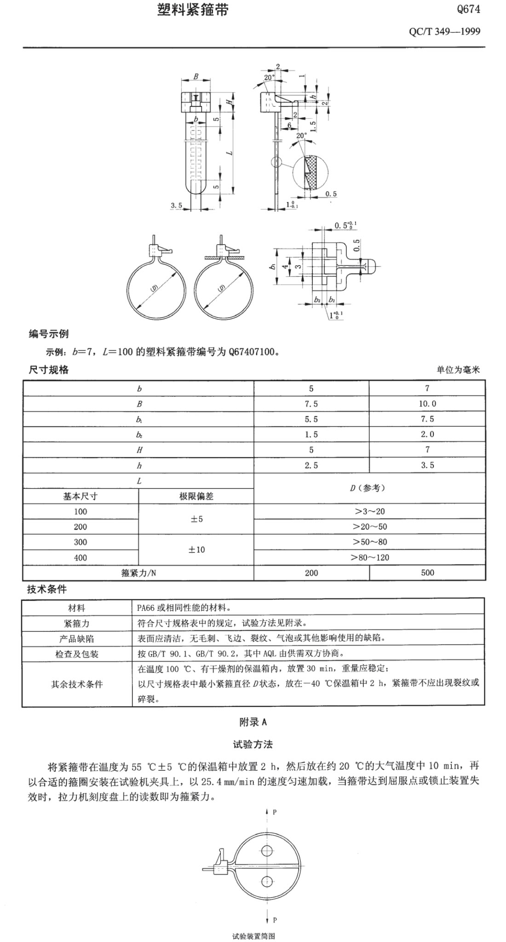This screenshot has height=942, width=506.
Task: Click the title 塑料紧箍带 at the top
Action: click(x=192, y=11)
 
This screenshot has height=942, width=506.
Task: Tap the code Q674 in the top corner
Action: click(x=468, y=9)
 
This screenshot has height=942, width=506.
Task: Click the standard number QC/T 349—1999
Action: click(x=444, y=31)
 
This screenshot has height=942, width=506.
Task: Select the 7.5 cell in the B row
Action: click(x=311, y=404)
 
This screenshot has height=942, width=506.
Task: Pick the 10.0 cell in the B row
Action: click(x=427, y=404)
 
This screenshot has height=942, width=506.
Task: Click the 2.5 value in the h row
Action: click(x=311, y=465)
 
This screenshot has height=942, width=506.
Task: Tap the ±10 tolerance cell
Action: click(x=196, y=549)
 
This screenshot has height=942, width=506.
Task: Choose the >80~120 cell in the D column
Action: click(x=369, y=557)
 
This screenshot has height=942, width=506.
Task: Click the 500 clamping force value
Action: click(x=427, y=572)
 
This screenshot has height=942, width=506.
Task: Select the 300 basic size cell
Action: click(x=80, y=542)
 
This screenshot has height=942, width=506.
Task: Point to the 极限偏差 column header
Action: click(x=196, y=496)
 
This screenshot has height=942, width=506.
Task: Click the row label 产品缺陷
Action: click(x=76, y=639)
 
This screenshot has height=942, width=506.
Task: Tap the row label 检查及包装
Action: click(x=76, y=654)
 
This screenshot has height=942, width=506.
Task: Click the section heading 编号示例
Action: click(x=49, y=334)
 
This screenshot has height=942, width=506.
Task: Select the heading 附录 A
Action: click(x=253, y=722)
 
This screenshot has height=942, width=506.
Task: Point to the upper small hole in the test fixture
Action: click(x=267, y=850)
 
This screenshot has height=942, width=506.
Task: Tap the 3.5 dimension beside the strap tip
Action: click(x=177, y=206)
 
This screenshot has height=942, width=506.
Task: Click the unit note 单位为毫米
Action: click(x=458, y=370)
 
